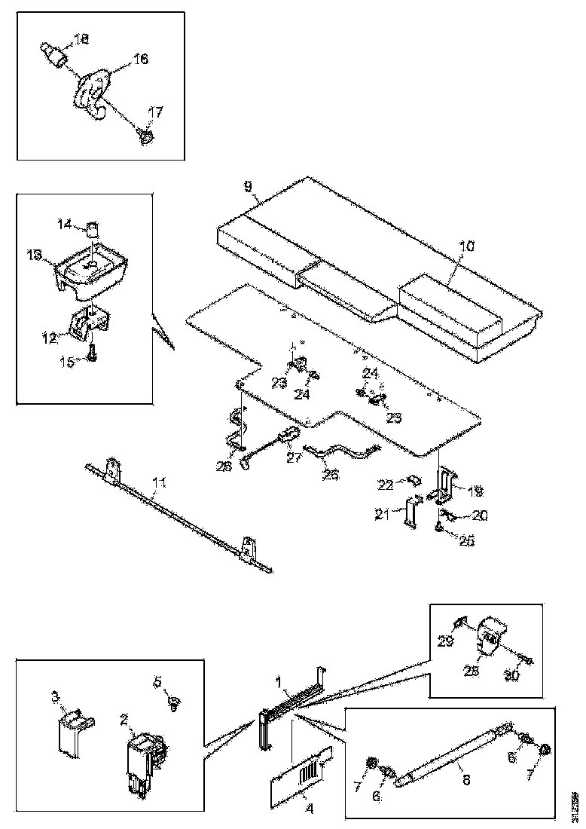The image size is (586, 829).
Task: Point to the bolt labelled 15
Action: click(91, 353)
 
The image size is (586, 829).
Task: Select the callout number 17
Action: click(155, 113)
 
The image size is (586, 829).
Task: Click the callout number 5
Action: click(158, 683)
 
